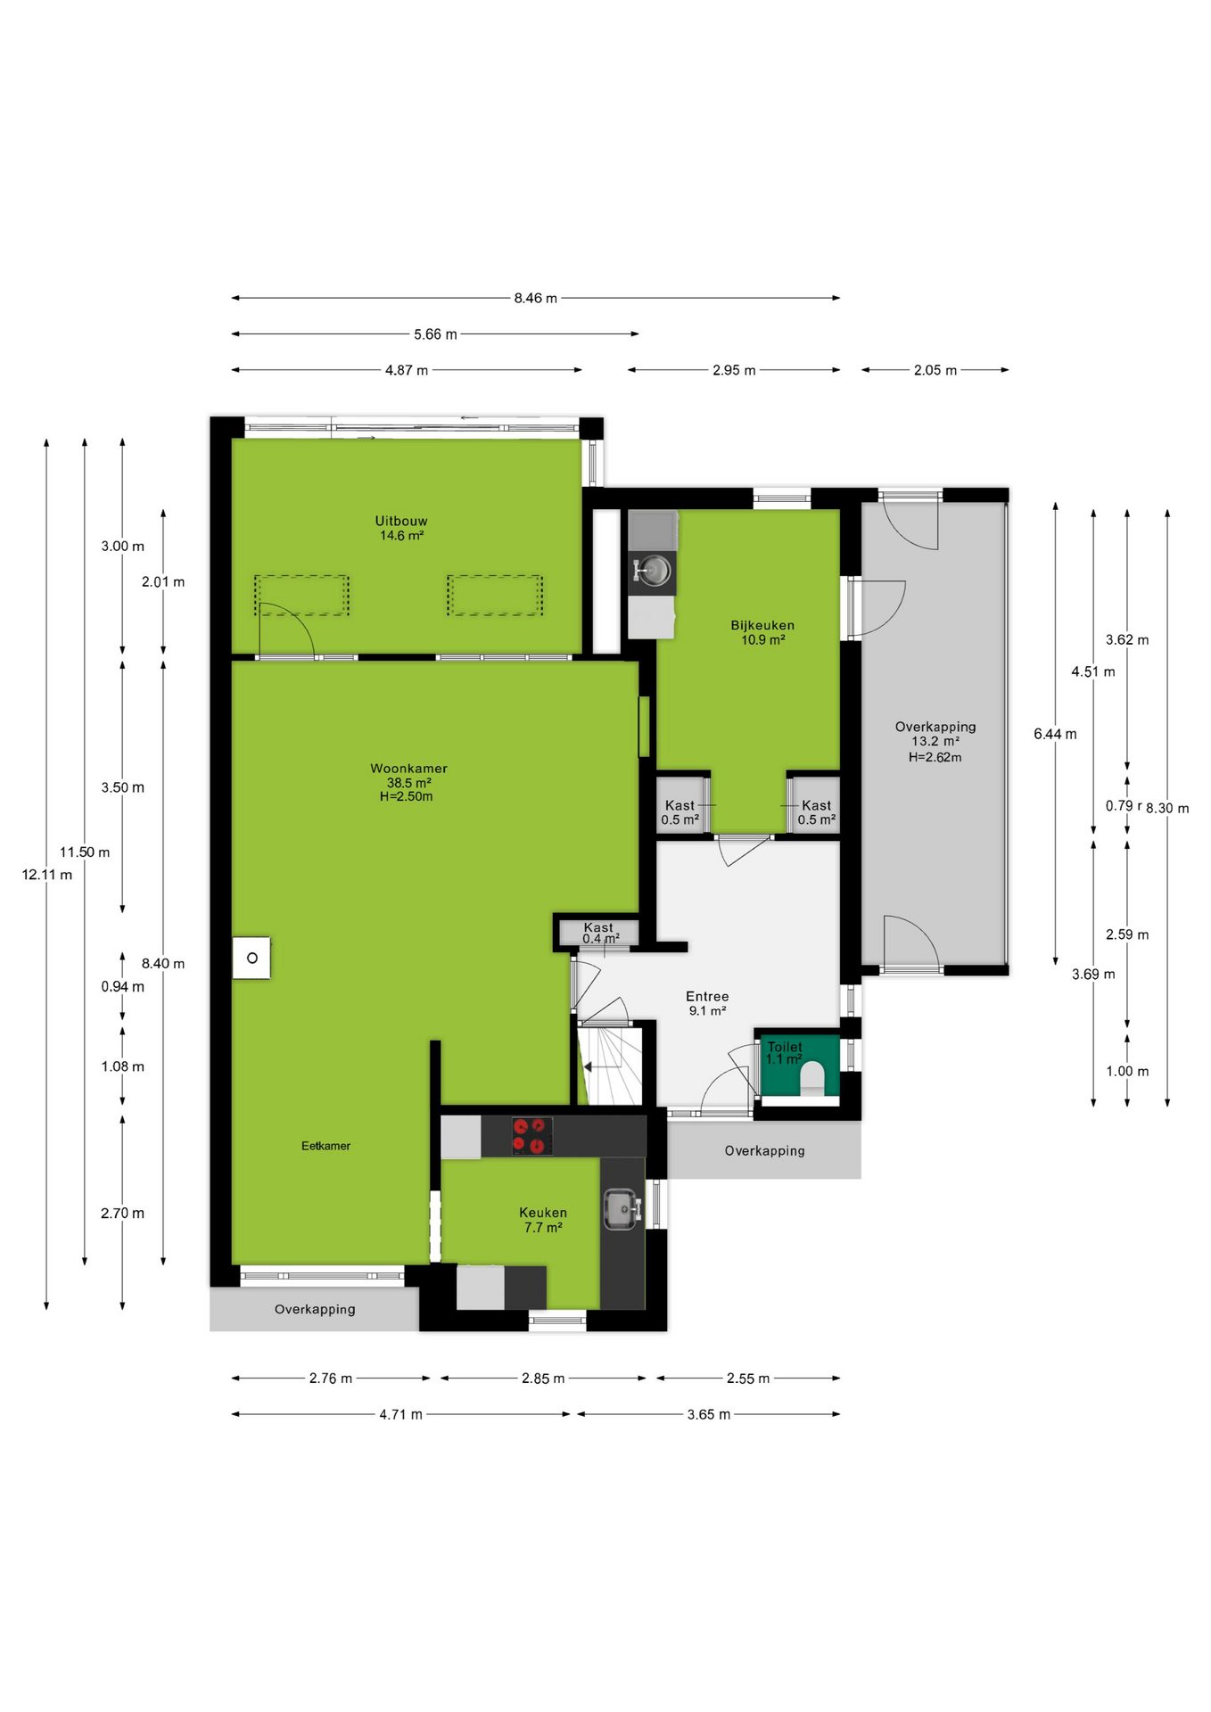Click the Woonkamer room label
point(408,768)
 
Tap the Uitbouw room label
point(401,521)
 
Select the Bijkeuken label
point(762,625)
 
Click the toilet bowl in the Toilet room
point(812,1077)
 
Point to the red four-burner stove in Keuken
point(531,1136)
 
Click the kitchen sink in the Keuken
point(622,1209)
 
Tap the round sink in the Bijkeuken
point(654,570)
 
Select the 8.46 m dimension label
point(535,298)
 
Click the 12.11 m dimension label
point(47,875)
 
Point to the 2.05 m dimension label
point(935,370)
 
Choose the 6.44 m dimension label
point(1055,734)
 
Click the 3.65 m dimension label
point(708,1414)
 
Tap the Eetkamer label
point(325,1146)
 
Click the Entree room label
point(707,996)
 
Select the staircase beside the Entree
point(610,1066)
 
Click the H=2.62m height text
point(935,757)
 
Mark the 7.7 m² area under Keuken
point(543,1228)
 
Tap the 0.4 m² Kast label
point(600,939)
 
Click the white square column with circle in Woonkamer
point(251,959)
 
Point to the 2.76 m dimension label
point(331,1379)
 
